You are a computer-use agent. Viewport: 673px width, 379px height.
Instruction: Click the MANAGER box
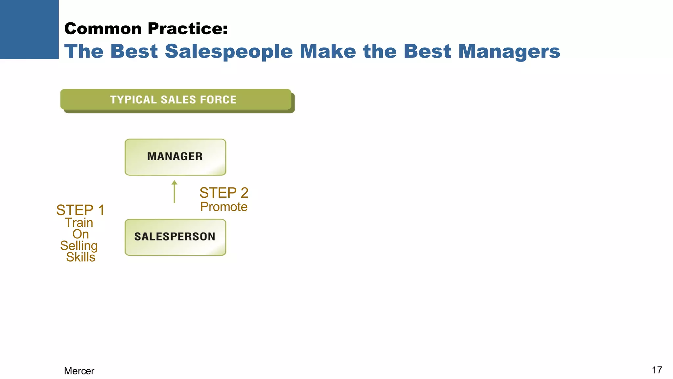click(175, 157)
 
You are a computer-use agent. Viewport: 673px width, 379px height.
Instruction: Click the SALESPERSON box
click(175, 237)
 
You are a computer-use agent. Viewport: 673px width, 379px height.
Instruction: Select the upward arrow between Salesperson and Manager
click(174, 192)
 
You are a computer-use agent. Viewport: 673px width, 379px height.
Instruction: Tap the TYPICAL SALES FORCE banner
click(176, 99)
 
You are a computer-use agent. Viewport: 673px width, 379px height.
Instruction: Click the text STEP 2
click(224, 193)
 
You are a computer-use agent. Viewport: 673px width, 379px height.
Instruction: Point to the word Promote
click(224, 207)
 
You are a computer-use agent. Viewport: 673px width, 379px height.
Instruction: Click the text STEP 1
click(80, 210)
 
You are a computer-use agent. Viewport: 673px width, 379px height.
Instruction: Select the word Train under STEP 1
click(79, 223)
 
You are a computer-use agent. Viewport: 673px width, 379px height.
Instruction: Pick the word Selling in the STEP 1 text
click(79, 246)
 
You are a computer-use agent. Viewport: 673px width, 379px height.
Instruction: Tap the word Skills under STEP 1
click(81, 257)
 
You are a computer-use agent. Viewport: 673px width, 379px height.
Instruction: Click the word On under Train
click(81, 234)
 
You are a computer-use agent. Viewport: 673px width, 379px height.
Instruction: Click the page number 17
click(657, 370)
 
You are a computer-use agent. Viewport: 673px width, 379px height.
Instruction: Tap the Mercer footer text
click(79, 371)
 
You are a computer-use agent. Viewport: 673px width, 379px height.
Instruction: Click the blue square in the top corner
click(29, 29)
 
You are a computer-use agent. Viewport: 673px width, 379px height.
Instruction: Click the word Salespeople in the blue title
click(229, 52)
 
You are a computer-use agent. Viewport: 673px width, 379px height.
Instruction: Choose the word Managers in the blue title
click(509, 52)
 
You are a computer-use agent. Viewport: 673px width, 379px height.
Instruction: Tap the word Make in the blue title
click(328, 52)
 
